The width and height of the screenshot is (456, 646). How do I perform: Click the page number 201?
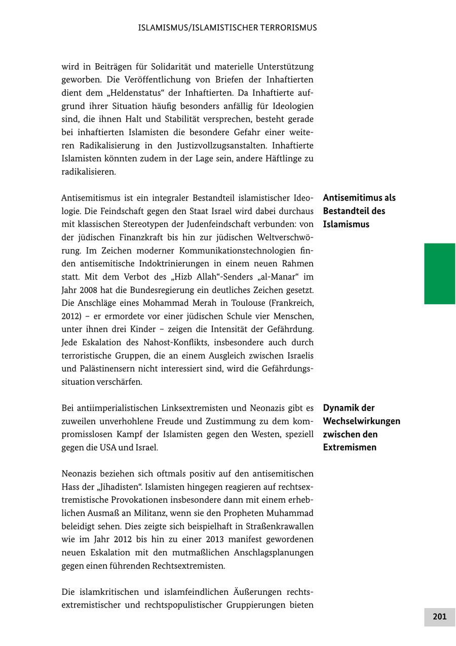[439, 617]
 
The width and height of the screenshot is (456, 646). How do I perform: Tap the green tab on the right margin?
[439, 273]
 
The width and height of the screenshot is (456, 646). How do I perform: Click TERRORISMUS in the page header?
[288, 28]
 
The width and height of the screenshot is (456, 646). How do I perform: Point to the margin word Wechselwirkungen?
[361, 421]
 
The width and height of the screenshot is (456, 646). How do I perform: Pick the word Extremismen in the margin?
[350, 448]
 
